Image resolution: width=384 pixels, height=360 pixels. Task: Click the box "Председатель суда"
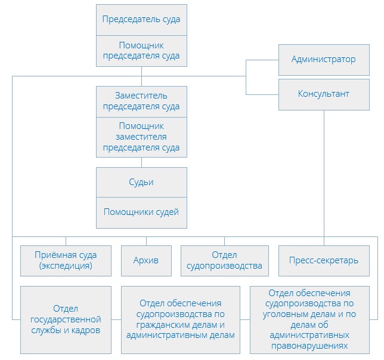(141, 20)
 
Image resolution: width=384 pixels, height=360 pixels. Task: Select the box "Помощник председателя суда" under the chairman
(141, 51)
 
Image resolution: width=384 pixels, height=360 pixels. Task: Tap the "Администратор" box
(323, 59)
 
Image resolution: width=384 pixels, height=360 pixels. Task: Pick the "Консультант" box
(323, 94)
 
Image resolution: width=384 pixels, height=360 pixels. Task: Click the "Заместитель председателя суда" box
(141, 101)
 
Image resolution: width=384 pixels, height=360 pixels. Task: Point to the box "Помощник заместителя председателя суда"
(141, 137)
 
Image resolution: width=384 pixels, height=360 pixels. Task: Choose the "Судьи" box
(141, 181)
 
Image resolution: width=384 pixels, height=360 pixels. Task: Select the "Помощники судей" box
(141, 212)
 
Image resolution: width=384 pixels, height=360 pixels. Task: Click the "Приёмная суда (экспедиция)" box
(66, 260)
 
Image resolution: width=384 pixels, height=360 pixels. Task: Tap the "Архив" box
(146, 260)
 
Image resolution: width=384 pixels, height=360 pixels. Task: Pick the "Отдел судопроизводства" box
(224, 260)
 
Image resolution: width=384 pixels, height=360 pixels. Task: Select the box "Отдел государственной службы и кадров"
(66, 319)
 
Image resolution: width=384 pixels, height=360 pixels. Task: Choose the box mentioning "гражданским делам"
(180, 319)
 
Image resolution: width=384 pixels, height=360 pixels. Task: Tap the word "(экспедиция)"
(66, 266)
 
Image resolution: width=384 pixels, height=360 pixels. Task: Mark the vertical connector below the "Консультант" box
(324, 173)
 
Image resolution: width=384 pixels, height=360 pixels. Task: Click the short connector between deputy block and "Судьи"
(141, 162)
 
